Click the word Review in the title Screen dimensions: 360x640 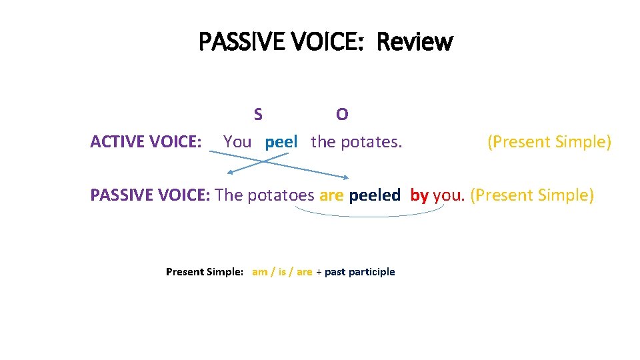[414, 42]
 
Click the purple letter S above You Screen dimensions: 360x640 [258, 115]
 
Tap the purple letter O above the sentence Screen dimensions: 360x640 [342, 115]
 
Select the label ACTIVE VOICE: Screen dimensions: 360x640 [146, 142]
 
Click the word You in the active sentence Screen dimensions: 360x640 [237, 142]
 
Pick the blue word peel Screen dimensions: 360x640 [281, 142]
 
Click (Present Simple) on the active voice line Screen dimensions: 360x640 [549, 142]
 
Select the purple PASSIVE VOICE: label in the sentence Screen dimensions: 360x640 [151, 195]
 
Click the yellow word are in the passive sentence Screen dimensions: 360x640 [331, 195]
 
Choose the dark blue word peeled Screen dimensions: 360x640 [375, 195]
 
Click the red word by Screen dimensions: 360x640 [419, 195]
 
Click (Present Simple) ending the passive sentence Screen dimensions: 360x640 [531, 195]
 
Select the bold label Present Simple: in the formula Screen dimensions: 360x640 [205, 272]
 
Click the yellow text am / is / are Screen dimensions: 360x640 [282, 272]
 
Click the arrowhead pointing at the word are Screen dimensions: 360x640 [345, 177]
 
